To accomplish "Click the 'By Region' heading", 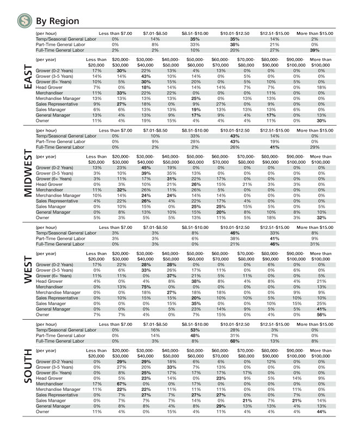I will coord(57,21).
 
